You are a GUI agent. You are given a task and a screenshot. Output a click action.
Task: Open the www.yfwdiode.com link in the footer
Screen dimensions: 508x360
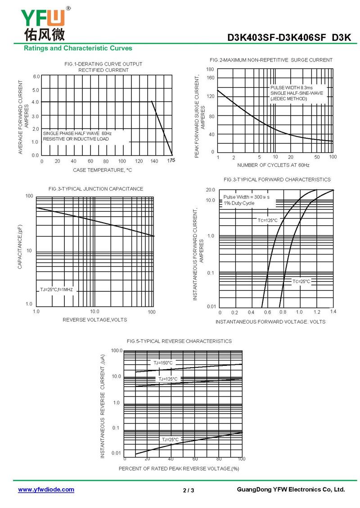click(46, 490)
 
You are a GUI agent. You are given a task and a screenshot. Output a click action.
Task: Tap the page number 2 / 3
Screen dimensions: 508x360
click(189, 490)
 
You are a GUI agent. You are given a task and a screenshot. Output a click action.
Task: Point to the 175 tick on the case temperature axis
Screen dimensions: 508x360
click(171, 160)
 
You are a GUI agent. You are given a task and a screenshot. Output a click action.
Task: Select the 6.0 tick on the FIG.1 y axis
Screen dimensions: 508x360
click(36, 76)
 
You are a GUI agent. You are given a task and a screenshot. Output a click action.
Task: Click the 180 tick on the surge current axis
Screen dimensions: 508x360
click(210, 69)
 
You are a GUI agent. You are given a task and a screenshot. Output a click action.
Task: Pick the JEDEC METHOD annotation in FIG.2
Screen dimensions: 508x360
click(289, 98)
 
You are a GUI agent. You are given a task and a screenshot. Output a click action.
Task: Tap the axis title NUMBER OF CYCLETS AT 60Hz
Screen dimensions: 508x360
click(273, 165)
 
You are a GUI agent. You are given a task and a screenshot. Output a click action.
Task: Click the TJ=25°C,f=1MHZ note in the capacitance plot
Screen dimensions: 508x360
click(56, 290)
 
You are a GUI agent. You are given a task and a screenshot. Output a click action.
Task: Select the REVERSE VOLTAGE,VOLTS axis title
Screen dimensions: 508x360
click(94, 320)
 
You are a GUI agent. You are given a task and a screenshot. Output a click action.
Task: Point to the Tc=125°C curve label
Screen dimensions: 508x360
click(268, 220)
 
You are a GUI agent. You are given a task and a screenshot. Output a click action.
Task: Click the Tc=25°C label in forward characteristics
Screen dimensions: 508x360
click(301, 281)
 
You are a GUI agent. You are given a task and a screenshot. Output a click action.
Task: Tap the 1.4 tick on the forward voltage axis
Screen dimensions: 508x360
click(333, 312)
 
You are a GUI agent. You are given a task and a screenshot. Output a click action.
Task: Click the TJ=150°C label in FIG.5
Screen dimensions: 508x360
click(163, 363)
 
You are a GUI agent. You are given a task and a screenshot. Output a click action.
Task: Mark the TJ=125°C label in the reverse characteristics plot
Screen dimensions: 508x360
click(168, 379)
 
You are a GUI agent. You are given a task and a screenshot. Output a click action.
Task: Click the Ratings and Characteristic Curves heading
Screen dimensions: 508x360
click(78, 48)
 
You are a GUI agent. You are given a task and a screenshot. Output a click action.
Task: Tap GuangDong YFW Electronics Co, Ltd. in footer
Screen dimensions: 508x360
click(290, 490)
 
